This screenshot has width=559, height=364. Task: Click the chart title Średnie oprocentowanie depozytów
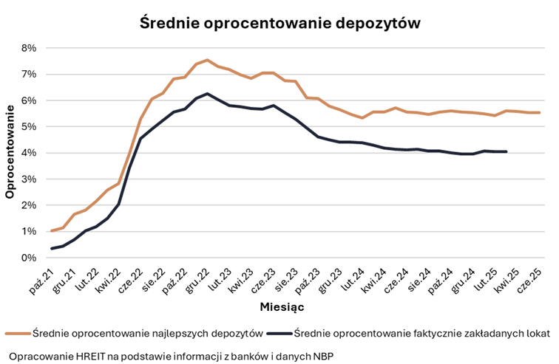pos(280,23)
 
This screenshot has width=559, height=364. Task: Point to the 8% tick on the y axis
pos(28,48)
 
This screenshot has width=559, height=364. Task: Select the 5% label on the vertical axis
pos(28,127)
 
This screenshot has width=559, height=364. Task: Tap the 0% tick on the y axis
pos(28,258)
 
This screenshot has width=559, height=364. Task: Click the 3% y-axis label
pos(28,179)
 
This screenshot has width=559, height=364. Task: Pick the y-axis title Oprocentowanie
pos(10,154)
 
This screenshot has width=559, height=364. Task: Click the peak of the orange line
pos(207,60)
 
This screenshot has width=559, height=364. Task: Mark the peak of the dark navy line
pos(207,94)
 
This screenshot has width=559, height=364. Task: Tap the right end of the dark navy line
pos(506,151)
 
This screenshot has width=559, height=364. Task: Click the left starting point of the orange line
pos(52,231)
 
